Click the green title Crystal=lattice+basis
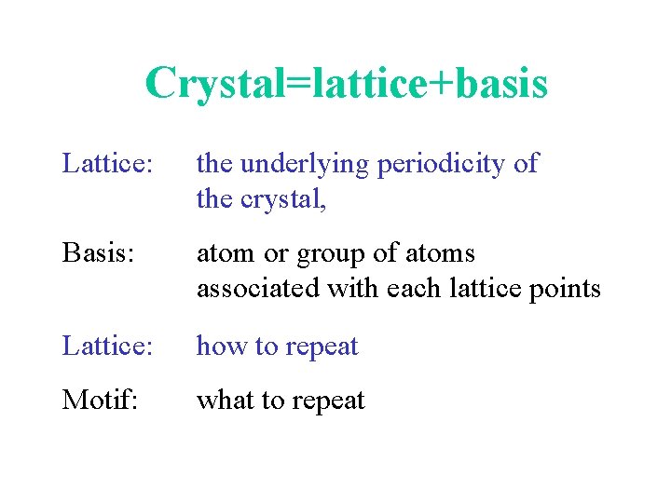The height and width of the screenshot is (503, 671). click(x=346, y=84)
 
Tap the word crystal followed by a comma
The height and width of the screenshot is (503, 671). click(x=275, y=199)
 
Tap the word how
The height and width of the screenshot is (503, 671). click(x=218, y=347)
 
